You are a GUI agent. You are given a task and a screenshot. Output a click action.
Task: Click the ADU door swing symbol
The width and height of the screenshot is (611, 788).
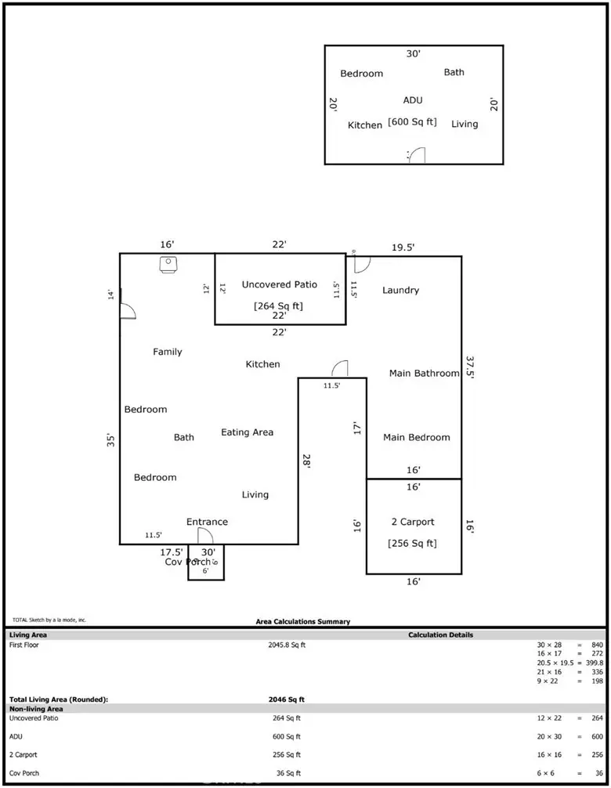(x=417, y=155)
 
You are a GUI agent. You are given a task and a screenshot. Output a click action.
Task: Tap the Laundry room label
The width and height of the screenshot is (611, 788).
(x=400, y=291)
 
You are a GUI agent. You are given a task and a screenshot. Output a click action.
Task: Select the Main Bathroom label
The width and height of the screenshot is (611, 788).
(x=424, y=374)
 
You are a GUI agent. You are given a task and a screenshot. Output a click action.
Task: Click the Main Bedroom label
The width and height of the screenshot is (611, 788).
(x=416, y=438)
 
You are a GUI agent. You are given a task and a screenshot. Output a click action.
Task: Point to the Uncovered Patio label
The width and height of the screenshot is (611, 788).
(x=279, y=285)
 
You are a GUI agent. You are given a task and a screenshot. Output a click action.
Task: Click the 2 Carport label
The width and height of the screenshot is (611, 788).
(x=412, y=522)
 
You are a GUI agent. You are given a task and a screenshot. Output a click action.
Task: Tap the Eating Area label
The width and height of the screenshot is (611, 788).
(x=247, y=432)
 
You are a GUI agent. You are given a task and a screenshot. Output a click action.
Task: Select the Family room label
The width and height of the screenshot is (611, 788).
(x=167, y=352)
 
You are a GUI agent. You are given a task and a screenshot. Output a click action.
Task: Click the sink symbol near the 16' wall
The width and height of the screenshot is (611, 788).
(x=168, y=265)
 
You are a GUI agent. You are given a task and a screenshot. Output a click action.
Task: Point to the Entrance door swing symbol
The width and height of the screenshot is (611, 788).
(x=205, y=536)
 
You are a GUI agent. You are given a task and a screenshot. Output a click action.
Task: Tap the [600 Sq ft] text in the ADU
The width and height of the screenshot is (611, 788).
(x=412, y=122)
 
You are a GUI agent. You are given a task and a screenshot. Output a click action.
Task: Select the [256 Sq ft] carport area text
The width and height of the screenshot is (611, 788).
(x=412, y=544)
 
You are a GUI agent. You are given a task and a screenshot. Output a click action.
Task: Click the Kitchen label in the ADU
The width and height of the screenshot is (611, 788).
(x=364, y=125)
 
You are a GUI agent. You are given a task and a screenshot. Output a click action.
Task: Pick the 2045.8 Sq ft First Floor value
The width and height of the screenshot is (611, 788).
(x=287, y=645)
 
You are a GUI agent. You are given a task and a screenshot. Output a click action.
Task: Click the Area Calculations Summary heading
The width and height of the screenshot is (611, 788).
(x=303, y=622)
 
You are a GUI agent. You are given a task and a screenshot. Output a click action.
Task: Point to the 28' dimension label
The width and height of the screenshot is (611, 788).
(x=306, y=462)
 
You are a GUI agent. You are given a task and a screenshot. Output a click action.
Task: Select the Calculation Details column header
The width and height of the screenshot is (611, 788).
(x=440, y=634)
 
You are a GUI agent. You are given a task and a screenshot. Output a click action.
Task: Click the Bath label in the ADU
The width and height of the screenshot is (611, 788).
(x=454, y=72)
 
